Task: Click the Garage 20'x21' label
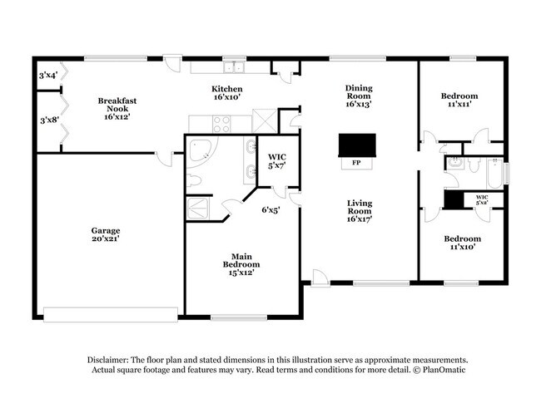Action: (x=106, y=235)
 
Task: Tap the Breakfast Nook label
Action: (x=117, y=109)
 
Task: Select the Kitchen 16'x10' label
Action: (x=226, y=92)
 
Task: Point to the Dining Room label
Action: (x=358, y=96)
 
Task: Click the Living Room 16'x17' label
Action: (x=360, y=211)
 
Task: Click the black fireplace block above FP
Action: (x=356, y=145)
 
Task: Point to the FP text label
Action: (x=356, y=163)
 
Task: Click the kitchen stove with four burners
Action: (x=223, y=125)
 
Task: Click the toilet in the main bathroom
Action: (x=191, y=180)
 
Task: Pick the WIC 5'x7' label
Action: (x=276, y=161)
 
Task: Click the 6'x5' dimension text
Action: (x=270, y=209)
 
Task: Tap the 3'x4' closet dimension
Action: (x=47, y=76)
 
